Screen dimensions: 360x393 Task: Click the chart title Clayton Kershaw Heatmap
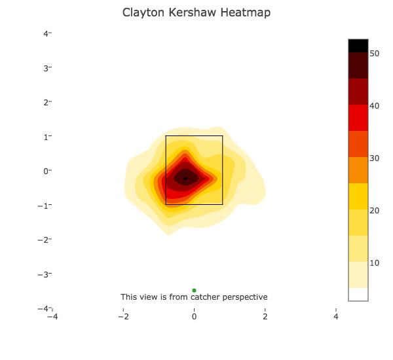coord(196,12)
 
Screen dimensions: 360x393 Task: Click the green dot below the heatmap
coord(194,290)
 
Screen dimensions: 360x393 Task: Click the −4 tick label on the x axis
coord(52,317)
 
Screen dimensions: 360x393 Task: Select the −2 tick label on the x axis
coord(123,317)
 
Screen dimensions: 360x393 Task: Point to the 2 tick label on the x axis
coord(265,317)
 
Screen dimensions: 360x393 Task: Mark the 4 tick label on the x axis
coord(336,317)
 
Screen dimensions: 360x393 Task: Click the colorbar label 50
coord(374,54)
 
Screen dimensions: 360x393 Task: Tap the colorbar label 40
coord(374,106)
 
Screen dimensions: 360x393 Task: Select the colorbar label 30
coord(374,158)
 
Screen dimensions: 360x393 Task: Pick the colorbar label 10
coord(374,263)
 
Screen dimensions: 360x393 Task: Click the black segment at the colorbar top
coord(358,45)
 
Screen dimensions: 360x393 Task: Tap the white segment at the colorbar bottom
coord(358,294)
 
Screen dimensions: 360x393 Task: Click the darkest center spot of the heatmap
coord(185,178)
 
